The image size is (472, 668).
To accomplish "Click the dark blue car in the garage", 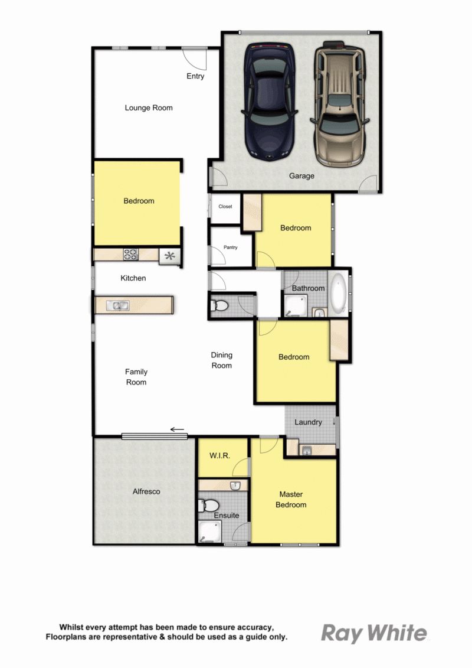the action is pyautogui.click(x=269, y=102).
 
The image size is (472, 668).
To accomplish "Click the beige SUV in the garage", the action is pyautogui.click(x=340, y=103).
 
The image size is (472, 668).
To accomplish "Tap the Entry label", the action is pyautogui.click(x=195, y=76).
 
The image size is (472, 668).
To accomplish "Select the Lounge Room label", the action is pyautogui.click(x=149, y=107).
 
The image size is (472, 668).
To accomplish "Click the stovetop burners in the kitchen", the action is pyautogui.click(x=130, y=255).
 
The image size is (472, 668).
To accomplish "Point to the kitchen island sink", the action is pyautogui.click(x=118, y=305).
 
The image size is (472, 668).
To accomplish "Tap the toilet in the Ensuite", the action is pyautogui.click(x=208, y=506).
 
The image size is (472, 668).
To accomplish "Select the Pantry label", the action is pyautogui.click(x=231, y=247).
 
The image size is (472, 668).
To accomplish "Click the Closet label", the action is pyautogui.click(x=225, y=207).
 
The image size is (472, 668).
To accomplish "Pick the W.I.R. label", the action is pyautogui.click(x=219, y=455).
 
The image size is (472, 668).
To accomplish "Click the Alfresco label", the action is pyautogui.click(x=146, y=491).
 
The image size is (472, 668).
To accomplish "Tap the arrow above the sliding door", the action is pyautogui.click(x=177, y=429).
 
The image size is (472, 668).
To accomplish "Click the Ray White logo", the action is pyautogui.click(x=373, y=634).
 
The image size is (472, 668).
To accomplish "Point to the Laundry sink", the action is pyautogui.click(x=306, y=450).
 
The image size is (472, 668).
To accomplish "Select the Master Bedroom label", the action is pyautogui.click(x=291, y=499).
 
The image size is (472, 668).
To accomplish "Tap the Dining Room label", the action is pyautogui.click(x=222, y=360).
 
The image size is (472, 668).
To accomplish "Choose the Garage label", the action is pyautogui.click(x=301, y=175).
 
